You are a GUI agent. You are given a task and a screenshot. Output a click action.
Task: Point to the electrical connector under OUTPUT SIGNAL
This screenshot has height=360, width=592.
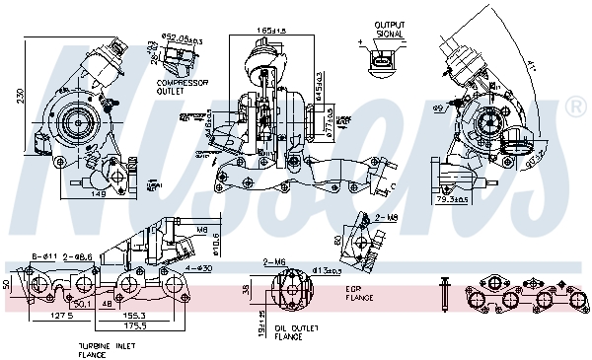pyautogui.click(x=380, y=63)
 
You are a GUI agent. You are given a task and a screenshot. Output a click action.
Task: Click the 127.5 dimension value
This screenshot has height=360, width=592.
pyautogui.click(x=63, y=316)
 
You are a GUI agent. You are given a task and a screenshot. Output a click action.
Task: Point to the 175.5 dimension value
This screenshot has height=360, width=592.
pyautogui.click(x=136, y=324)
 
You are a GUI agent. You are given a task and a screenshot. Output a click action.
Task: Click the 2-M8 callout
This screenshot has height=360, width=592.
pyautogui.click(x=388, y=216)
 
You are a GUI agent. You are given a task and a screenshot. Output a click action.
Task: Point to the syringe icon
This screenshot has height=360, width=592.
pyautogui.click(x=445, y=292)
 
